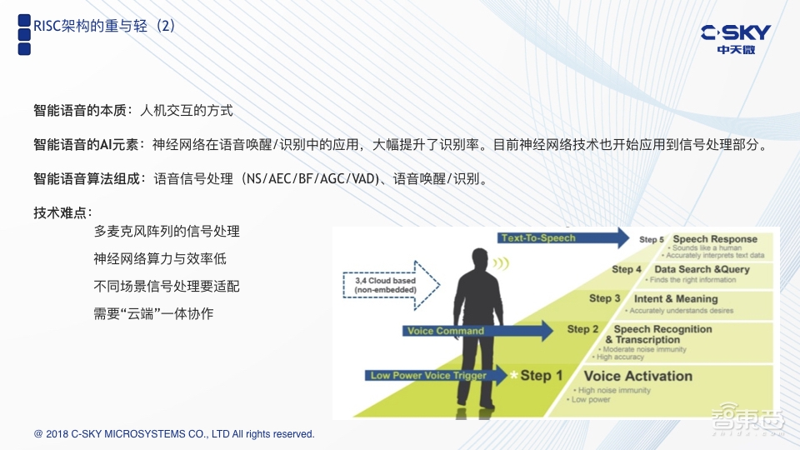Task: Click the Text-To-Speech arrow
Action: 562,237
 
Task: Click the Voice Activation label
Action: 637,376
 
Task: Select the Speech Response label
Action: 715,239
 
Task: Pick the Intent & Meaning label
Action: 676,298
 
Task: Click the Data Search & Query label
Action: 702,269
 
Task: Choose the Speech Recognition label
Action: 657,334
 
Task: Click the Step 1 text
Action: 542,376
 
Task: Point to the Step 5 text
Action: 652,240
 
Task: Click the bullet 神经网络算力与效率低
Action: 160,258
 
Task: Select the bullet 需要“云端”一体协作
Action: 154,314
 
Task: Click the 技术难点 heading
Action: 62,212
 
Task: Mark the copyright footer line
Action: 174,434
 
